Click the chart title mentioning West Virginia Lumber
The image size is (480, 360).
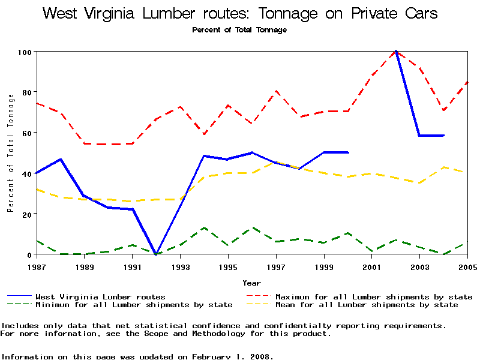(240, 13)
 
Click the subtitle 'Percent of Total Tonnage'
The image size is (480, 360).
(239, 30)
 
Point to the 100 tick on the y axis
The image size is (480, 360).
(25, 52)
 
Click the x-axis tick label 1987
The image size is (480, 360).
(37, 266)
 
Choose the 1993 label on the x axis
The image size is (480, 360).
(180, 266)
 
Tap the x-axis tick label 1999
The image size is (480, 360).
(324, 266)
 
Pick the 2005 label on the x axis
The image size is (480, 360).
(467, 266)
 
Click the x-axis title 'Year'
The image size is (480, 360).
(251, 283)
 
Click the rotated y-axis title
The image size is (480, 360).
(10, 153)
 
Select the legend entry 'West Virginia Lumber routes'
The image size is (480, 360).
(100, 296)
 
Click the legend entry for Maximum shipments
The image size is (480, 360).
(374, 296)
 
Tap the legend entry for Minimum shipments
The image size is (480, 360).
(134, 305)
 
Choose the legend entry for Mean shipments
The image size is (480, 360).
(367, 305)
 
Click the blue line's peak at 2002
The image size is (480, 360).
(395, 52)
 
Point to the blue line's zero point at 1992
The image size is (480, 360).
(156, 254)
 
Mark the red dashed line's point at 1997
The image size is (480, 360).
(276, 91)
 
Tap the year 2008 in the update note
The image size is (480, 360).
(262, 356)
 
